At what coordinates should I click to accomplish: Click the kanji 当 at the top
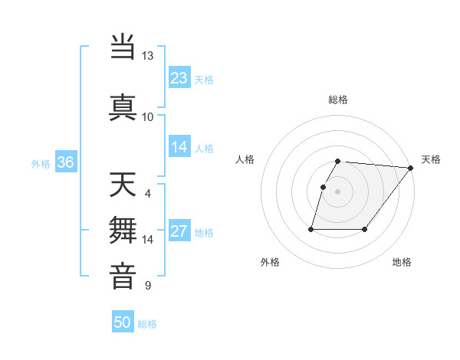(123, 47)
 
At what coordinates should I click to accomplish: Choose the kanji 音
(123, 276)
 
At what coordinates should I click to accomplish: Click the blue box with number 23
(179, 78)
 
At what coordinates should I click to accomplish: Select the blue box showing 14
(179, 147)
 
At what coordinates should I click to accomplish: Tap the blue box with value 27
(179, 231)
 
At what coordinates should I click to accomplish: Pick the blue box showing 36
(65, 162)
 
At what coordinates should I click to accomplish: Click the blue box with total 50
(123, 322)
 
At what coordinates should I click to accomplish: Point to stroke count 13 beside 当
(147, 56)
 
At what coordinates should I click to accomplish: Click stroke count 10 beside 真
(147, 116)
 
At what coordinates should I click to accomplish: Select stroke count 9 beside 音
(147, 286)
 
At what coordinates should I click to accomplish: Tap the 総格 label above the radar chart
(338, 100)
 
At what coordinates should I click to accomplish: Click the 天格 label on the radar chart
(431, 159)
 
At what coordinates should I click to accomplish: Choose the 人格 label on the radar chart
(246, 159)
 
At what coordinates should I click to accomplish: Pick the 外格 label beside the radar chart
(270, 262)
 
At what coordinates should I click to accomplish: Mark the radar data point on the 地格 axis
(365, 229)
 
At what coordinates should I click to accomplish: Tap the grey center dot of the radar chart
(338, 191)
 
